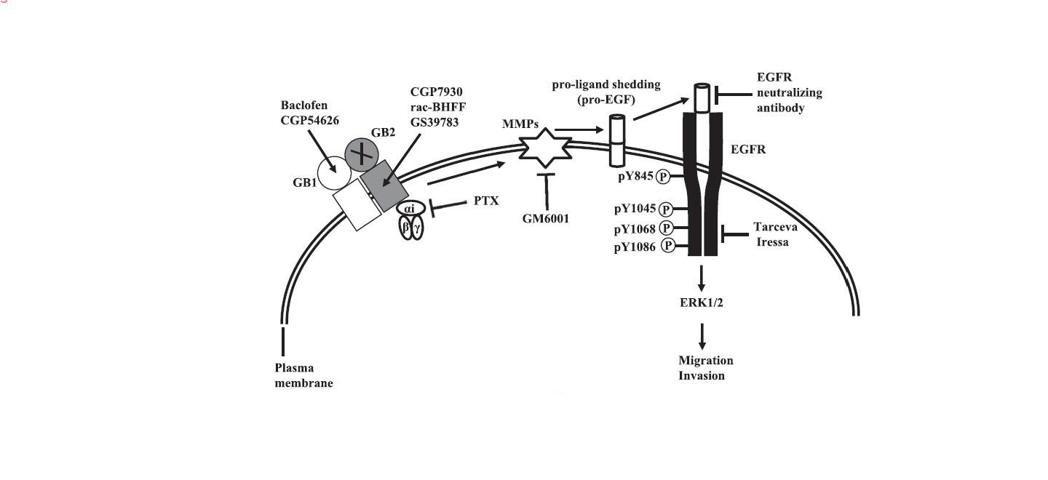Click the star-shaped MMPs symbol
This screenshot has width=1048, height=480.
(x=546, y=148)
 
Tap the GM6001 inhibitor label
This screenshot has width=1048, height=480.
(x=546, y=219)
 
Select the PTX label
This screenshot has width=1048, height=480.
(x=486, y=201)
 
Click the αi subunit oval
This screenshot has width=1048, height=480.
(x=410, y=208)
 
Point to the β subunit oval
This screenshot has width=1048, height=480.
(x=405, y=228)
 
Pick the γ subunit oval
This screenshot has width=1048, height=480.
(x=417, y=228)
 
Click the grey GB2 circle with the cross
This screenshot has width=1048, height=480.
(x=362, y=154)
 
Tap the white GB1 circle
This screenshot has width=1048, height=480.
(x=335, y=173)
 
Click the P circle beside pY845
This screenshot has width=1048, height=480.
(x=662, y=177)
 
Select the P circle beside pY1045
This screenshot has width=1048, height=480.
(x=665, y=209)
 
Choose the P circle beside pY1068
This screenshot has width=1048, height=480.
(x=666, y=228)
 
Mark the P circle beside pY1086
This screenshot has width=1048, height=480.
(x=668, y=246)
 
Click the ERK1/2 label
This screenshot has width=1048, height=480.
(x=702, y=303)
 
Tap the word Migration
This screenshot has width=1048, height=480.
(x=705, y=360)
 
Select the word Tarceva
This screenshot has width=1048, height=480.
(x=775, y=227)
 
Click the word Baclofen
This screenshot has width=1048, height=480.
(x=303, y=105)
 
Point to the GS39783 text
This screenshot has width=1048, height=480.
(x=434, y=122)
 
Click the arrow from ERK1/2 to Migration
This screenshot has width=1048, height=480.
(x=702, y=337)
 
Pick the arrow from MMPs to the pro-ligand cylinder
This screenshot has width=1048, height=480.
(x=579, y=130)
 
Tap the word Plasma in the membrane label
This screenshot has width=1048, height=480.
(x=294, y=368)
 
